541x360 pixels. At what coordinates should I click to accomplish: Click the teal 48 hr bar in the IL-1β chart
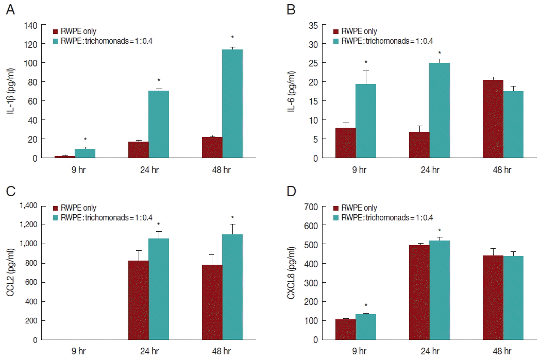(x=232, y=104)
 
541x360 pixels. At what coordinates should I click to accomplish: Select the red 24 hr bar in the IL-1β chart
(x=139, y=150)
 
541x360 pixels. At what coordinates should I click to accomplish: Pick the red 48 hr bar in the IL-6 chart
(x=493, y=119)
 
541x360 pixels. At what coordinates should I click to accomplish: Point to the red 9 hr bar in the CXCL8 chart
(x=346, y=329)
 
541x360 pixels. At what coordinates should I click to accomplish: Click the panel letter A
(x=9, y=10)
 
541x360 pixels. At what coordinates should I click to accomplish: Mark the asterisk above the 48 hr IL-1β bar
(x=232, y=38)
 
